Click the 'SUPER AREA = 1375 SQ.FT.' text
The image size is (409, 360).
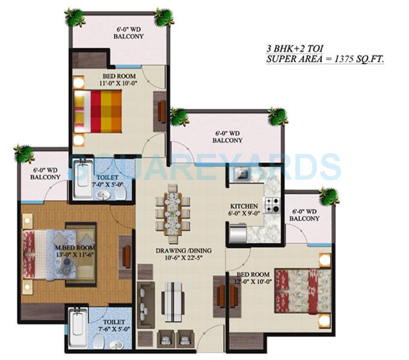pyautogui.click(x=325, y=59)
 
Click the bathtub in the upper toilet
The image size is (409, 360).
pyautogui.click(x=82, y=180)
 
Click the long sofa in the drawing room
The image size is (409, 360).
pyautogui.click(x=145, y=306)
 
